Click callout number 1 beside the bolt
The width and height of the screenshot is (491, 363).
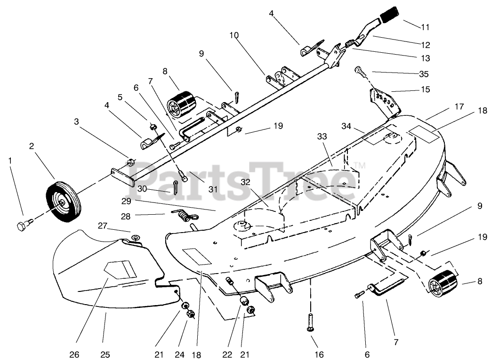click(11, 161)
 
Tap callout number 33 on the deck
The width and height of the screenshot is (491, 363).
click(322, 136)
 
